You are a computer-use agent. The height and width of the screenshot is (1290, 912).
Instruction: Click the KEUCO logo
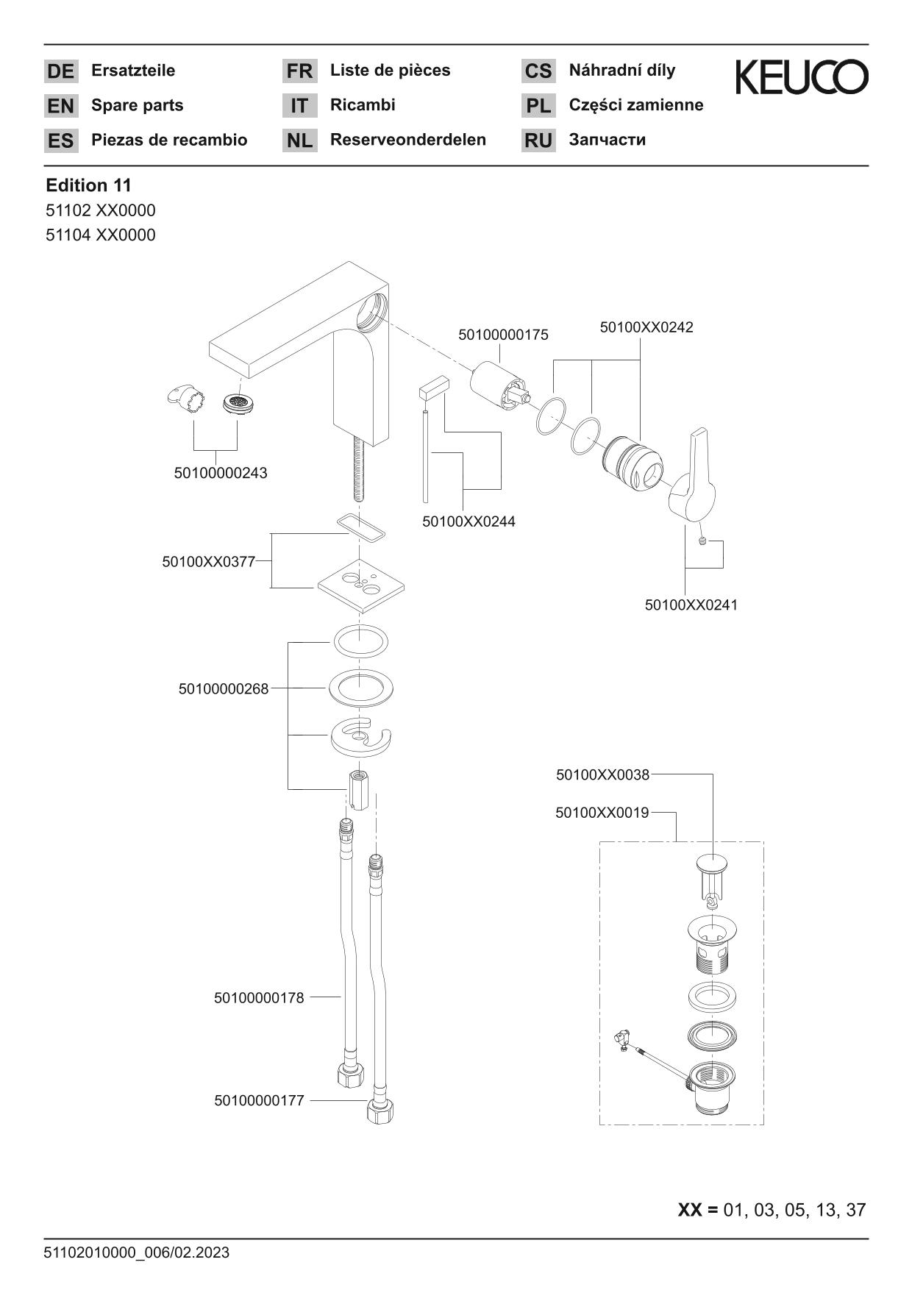pos(802,77)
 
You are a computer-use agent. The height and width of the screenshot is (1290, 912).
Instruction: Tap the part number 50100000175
pos(503,335)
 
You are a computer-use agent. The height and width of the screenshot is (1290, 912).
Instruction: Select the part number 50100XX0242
pos(646,327)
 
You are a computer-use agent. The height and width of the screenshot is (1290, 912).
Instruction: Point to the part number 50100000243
pos(221,473)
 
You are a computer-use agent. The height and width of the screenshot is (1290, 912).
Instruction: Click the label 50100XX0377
pos(208,562)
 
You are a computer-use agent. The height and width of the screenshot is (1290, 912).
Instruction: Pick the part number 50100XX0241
pos(691,605)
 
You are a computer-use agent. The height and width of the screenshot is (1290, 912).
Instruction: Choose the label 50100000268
pos(224,689)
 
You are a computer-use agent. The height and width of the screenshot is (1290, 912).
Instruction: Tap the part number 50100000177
pos(259,1101)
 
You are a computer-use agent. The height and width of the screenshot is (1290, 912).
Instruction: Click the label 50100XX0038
pos(602,774)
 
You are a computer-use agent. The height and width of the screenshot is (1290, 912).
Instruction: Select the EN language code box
pos(60,106)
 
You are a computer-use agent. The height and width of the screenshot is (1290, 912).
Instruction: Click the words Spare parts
pos(137,105)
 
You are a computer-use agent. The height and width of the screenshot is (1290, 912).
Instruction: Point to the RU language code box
pos(538,140)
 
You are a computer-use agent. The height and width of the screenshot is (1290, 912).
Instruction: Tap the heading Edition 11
pos(88,185)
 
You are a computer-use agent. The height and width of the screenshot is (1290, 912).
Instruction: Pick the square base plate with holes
pos(361,585)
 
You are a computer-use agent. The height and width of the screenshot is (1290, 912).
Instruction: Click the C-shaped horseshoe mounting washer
pos(360,738)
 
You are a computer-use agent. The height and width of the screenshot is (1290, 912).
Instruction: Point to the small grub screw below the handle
pos(703,542)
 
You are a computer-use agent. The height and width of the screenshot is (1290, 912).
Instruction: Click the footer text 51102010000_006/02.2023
pos(138,1252)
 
